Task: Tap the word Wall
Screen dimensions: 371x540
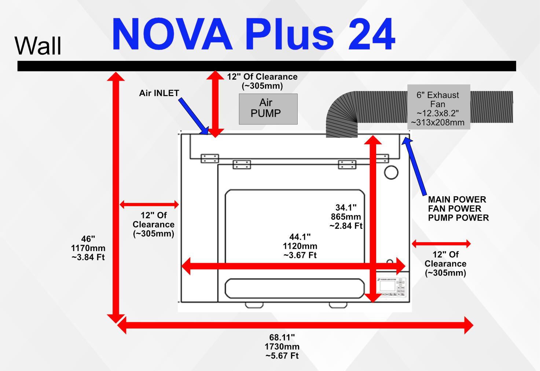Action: pyautogui.click(x=38, y=46)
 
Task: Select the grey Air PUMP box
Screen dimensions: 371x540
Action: pyautogui.click(x=268, y=109)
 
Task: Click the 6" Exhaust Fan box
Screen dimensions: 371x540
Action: pyautogui.click(x=438, y=107)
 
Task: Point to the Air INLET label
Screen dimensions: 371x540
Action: pyautogui.click(x=159, y=93)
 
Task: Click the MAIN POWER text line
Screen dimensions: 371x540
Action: pyautogui.click(x=457, y=200)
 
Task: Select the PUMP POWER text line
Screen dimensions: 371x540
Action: pyautogui.click(x=458, y=218)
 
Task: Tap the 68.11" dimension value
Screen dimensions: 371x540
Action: pyautogui.click(x=282, y=337)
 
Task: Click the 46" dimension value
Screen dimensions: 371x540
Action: pyautogui.click(x=88, y=239)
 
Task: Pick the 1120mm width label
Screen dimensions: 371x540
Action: pyautogui.click(x=300, y=246)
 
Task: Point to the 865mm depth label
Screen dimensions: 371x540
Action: pyautogui.click(x=346, y=217)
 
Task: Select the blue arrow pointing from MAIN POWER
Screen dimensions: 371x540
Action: pyautogui.click(x=415, y=165)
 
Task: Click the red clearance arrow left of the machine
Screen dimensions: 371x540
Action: pyautogui.click(x=149, y=204)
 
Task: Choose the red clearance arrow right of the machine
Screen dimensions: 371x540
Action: pyautogui.click(x=441, y=243)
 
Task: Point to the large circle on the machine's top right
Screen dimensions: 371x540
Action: pyautogui.click(x=391, y=172)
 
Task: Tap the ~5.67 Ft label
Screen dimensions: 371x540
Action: pyautogui.click(x=282, y=356)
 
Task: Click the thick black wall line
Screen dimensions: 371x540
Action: pyautogui.click(x=267, y=66)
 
